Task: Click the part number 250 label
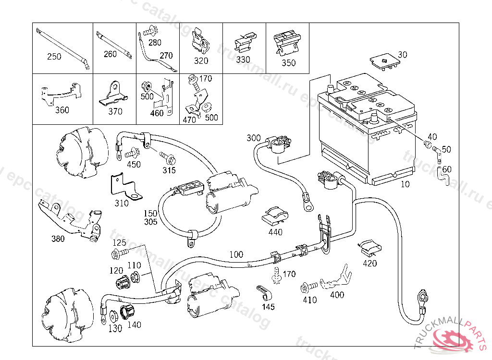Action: pyautogui.click(x=54, y=57)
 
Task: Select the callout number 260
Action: pyautogui.click(x=110, y=54)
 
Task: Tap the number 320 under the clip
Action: pyautogui.click(x=201, y=60)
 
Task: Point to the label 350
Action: pyautogui.click(x=289, y=62)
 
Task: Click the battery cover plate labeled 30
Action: pyautogui.click(x=384, y=62)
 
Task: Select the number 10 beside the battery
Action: pyautogui.click(x=406, y=184)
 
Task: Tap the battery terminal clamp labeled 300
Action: pyautogui.click(x=278, y=144)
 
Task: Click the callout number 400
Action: pyautogui.click(x=337, y=295)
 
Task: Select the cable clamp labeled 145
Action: pyautogui.click(x=262, y=291)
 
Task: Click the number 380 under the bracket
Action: pyautogui.click(x=58, y=239)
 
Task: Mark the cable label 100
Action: pyautogui.click(x=236, y=254)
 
